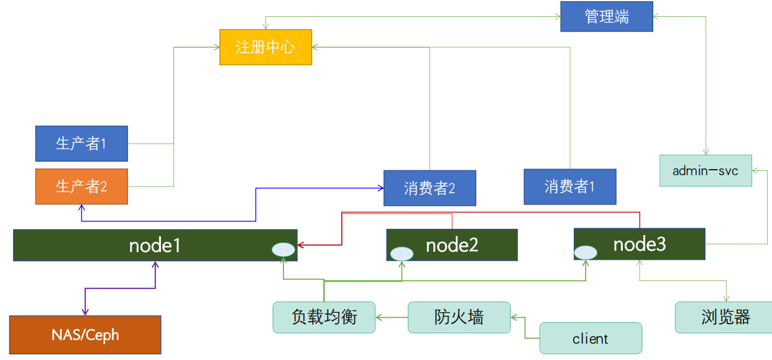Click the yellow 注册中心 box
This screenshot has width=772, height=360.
coord(265,47)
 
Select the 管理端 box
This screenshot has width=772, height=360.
coord(607,17)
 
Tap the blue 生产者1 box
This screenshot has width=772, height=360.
coord(81,144)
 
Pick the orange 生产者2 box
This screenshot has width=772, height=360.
coord(81,187)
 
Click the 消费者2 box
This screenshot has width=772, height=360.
coord(430,188)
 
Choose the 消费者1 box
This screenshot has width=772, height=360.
coord(570,187)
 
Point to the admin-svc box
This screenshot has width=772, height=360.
coord(705,171)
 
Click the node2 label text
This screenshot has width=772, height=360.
coord(452,245)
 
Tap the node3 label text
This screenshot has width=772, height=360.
coord(640,244)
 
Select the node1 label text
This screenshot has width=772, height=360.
coord(155,246)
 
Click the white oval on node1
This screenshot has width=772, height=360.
coord(283,250)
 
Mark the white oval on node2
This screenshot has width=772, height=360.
coord(402,254)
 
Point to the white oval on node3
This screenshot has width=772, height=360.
coord(586,253)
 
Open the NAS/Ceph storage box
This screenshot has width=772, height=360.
coord(85,335)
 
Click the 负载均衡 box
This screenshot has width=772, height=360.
coord(324,317)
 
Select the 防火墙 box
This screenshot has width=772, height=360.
coord(459,317)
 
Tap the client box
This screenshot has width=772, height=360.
coord(590,338)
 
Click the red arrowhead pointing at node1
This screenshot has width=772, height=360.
coord(300,245)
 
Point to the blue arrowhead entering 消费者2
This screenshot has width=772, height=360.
coord(380,188)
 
